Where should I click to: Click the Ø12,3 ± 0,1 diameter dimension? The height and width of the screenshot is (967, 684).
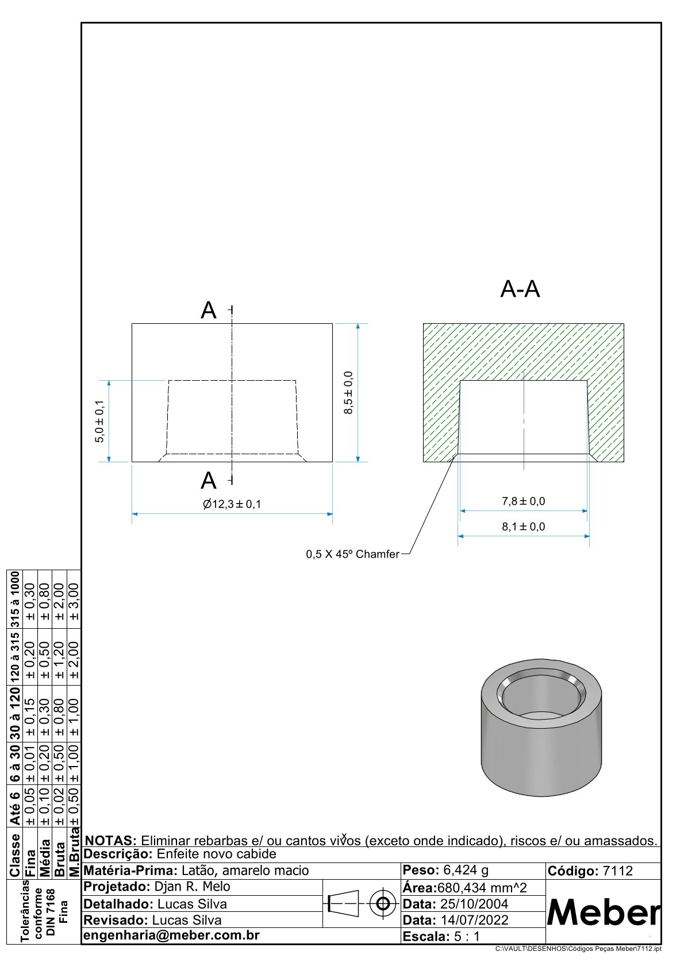coord(232,504)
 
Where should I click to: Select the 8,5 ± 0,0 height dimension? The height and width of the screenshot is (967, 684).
coord(348,393)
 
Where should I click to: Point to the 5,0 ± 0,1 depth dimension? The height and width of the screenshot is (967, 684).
coord(100,421)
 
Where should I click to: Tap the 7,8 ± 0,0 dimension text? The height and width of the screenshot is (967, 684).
coord(523,501)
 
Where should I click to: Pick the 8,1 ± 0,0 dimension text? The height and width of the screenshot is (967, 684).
coord(523,527)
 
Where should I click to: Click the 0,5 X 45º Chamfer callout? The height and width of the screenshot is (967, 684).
coord(352,554)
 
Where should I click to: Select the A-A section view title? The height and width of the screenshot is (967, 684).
coord(520,289)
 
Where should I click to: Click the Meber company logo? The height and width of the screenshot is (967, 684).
coord(603,912)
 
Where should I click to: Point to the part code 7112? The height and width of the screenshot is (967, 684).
coord(617,871)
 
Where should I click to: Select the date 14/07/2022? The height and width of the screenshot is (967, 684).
coord(474,920)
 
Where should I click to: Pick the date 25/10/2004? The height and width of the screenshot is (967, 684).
coord(474,904)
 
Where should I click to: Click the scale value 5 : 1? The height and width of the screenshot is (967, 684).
coord(466,937)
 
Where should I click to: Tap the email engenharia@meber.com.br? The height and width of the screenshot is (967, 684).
coord(171,935)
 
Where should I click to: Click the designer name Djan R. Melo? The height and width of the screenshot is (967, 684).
coord(192,887)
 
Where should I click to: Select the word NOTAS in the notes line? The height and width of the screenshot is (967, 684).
coord(110,841)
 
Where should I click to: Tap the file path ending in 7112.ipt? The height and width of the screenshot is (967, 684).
coord(578,949)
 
